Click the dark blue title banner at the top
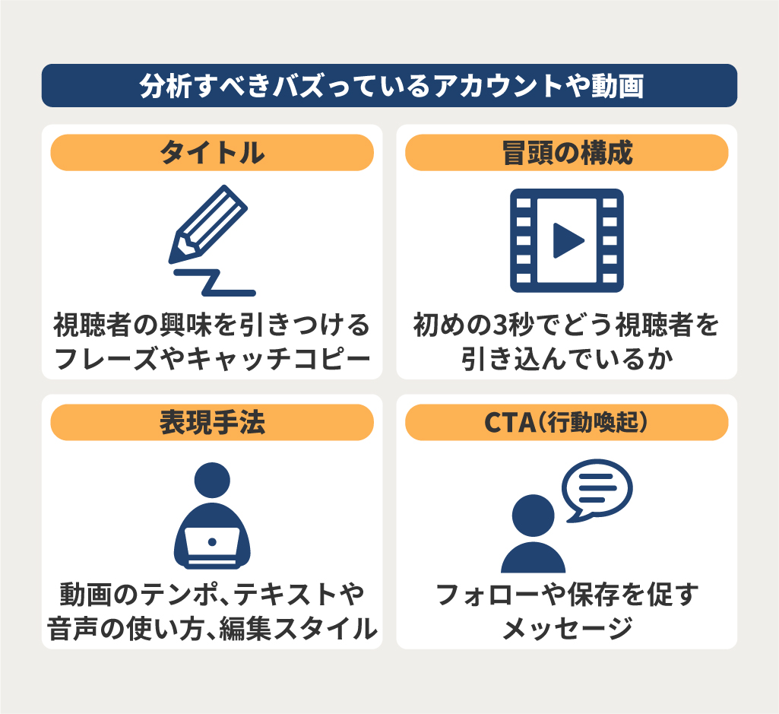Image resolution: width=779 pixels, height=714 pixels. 389,85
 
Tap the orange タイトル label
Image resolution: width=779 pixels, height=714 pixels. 212,152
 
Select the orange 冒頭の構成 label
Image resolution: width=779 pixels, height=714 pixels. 567,152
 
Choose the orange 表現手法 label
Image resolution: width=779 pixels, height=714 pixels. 212,422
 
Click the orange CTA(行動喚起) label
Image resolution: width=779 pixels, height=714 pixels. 567,422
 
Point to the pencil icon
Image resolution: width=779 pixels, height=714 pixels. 207,224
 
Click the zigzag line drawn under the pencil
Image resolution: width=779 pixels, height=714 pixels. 214,283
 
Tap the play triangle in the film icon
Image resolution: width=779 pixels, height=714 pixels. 568,240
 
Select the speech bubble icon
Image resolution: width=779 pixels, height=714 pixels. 597,490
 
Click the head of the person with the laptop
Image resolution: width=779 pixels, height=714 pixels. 212,481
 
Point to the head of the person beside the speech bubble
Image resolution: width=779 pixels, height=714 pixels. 533,515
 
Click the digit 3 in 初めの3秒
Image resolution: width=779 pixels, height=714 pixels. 499,325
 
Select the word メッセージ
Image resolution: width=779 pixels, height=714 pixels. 568,628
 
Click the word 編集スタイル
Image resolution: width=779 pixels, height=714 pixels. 298,628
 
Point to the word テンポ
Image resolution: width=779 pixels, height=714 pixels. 179,594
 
